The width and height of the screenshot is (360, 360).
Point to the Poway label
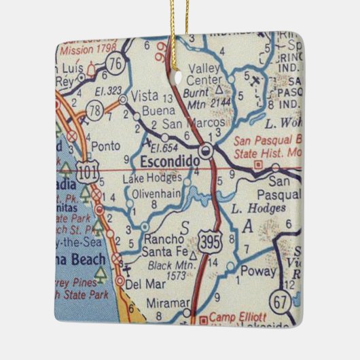[262, 271]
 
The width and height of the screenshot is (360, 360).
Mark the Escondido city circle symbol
[208, 151]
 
